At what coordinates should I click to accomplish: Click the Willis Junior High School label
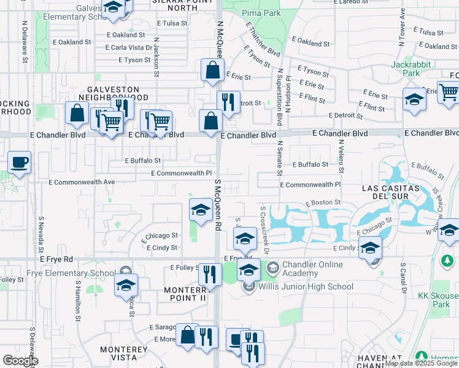305,286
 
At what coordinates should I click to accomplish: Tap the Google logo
20,361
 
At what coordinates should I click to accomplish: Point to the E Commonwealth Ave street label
82,182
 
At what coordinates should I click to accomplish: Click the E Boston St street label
323,202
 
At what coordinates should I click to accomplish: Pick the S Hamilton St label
78,301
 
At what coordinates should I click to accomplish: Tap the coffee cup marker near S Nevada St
19,163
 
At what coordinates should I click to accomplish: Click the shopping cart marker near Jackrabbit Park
449,93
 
